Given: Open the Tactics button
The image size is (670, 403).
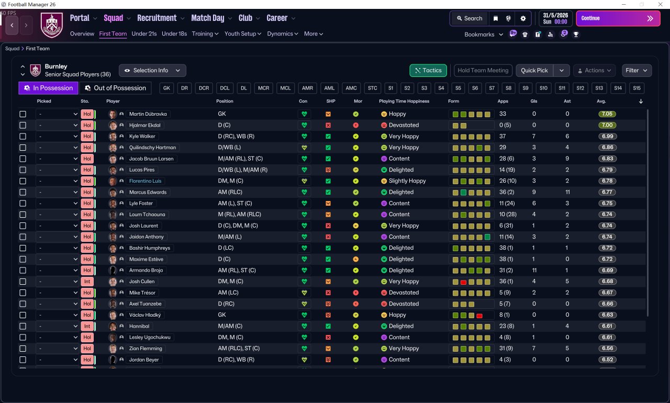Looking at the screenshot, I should point(428,70).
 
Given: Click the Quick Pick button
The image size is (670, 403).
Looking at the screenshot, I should point(534,70).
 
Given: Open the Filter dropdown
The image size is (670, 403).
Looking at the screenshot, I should point(636,70).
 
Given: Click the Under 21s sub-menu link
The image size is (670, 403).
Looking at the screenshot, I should point(144,33).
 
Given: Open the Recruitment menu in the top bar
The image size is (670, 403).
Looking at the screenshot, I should point(157,18).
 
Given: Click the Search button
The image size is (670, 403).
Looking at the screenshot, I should point(468,18).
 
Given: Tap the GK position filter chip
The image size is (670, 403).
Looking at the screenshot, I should point(166,88).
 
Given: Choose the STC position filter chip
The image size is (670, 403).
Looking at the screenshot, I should point(372,88).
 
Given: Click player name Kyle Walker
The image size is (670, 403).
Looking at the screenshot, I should point(142,136).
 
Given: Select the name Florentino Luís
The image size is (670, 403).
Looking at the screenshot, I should point(145,181).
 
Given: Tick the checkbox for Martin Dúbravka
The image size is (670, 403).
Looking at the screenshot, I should point(23,114).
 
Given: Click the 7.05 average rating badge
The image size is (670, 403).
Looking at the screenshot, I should point(607,114).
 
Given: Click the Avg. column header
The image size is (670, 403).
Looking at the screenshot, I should point(601,101).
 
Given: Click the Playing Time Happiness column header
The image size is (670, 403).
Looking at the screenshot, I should point(404,101).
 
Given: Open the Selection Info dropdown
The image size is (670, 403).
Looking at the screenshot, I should point(152,70).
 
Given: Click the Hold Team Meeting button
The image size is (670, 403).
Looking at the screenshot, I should point(483,70).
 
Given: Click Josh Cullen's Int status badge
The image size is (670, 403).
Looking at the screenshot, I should point(87,282).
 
